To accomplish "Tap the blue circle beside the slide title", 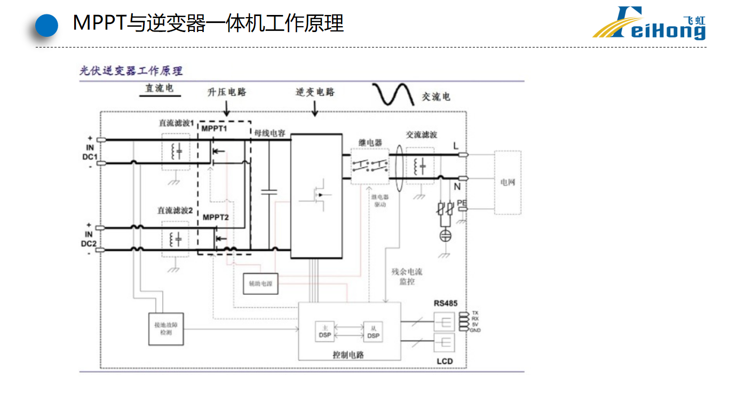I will pos(46,25).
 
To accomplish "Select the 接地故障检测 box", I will pos(165,328).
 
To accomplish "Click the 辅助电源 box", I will pos(260,284).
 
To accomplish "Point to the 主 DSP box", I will pos(324,331).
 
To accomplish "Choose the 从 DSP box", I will pos(373,331).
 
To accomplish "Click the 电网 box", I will pos(508,183).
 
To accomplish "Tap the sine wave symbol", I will pos(394,95).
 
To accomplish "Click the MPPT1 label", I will pos(215,129).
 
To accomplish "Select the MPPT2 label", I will pos(216,217).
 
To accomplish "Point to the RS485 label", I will pos(445,303).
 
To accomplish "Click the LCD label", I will pos(444,361).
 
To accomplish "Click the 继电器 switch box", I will pos(370,166).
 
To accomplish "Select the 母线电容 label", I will pos(270,133).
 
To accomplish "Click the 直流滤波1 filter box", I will pos(176,152).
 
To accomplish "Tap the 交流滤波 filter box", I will pos(421,166).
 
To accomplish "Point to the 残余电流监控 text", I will pos(407,276).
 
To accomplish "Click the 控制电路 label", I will pos(348,354).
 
